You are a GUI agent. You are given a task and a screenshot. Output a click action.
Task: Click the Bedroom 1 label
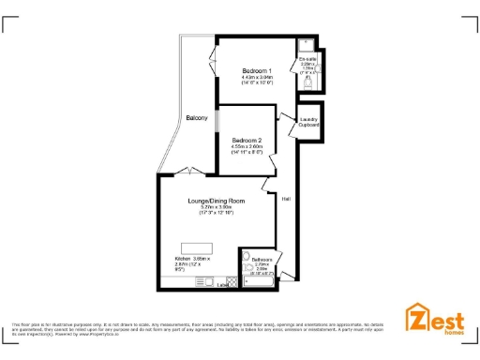(x=257, y=71)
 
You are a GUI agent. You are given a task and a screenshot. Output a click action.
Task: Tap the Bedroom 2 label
(x=249, y=139)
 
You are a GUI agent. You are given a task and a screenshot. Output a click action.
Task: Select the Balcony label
(x=197, y=117)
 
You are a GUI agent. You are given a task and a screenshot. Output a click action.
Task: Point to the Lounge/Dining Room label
(x=216, y=201)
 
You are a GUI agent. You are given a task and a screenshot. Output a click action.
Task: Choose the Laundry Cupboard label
(x=309, y=122)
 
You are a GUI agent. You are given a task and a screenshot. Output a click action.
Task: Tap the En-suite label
(x=307, y=58)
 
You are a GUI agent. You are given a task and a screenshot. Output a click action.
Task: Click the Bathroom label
(x=262, y=260)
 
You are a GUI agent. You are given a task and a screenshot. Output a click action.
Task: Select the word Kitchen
(x=182, y=259)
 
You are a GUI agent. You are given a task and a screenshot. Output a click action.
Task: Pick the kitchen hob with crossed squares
(x=230, y=281)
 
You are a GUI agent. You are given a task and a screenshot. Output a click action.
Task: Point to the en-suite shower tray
(x=306, y=45)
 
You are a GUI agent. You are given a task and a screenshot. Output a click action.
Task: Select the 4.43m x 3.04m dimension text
(x=257, y=78)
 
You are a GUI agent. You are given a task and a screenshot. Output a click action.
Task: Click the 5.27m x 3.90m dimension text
(x=216, y=207)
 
